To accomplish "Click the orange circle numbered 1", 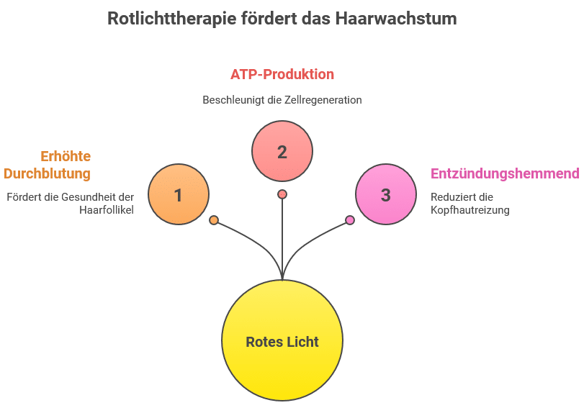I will tap(179, 194).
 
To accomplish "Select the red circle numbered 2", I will tap(282, 151).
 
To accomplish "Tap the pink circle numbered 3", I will tap(386, 194).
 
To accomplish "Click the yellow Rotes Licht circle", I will tap(282, 341).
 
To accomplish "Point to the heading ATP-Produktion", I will tap(282, 74).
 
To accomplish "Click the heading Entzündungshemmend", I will tap(505, 173).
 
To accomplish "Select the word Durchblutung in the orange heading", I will tap(48, 173).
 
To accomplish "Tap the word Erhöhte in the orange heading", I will tap(66, 156).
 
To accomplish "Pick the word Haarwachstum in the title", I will tap(396, 18).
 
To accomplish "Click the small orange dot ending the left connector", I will tap(214, 220).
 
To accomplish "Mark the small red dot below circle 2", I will tap(282, 194).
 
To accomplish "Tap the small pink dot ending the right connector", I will tap(350, 220).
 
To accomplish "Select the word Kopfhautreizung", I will tap(470, 211).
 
